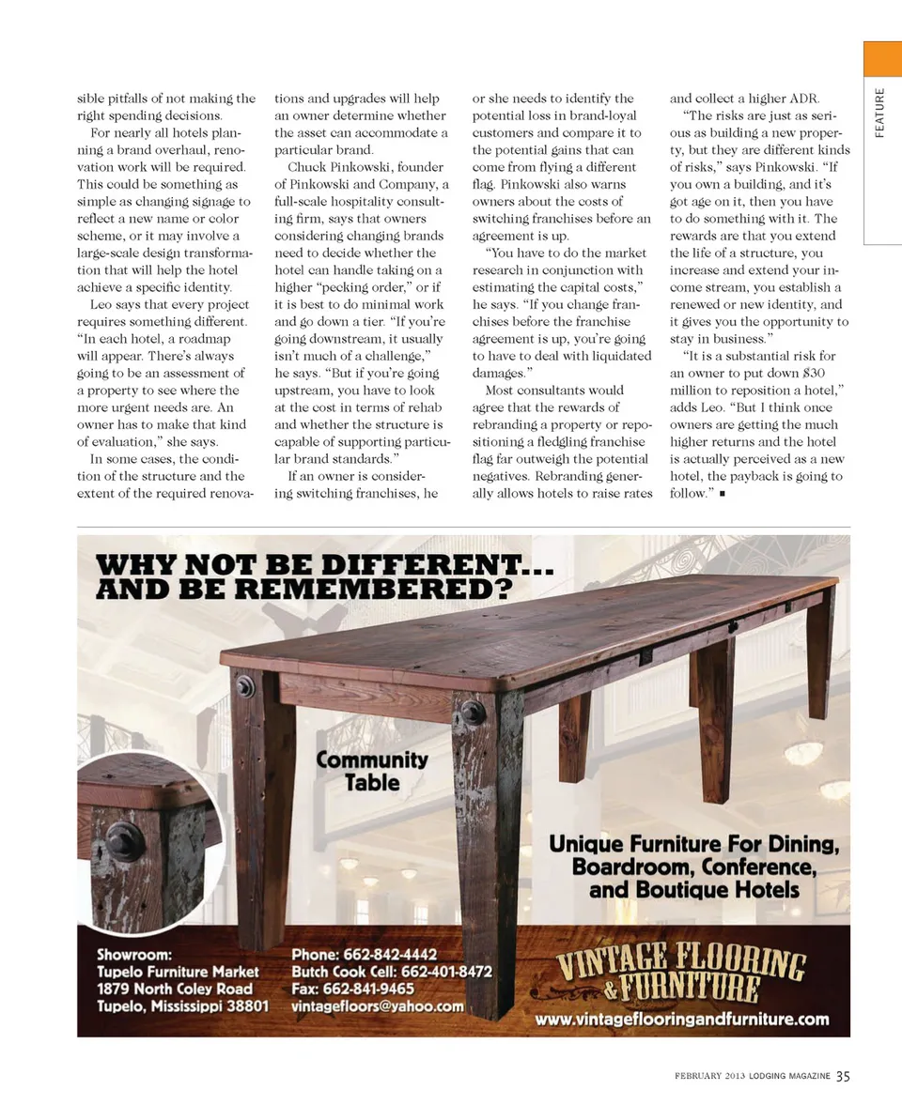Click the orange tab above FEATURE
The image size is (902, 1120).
click(882, 59)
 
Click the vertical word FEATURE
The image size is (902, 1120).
click(879, 112)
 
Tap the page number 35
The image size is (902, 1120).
click(843, 1076)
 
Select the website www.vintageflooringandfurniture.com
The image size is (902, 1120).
click(682, 1019)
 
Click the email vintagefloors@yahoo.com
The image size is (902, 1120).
click(378, 1005)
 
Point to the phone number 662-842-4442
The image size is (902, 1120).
click(392, 955)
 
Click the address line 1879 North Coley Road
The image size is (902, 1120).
click(175, 989)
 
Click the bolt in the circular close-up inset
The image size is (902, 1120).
click(125, 840)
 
